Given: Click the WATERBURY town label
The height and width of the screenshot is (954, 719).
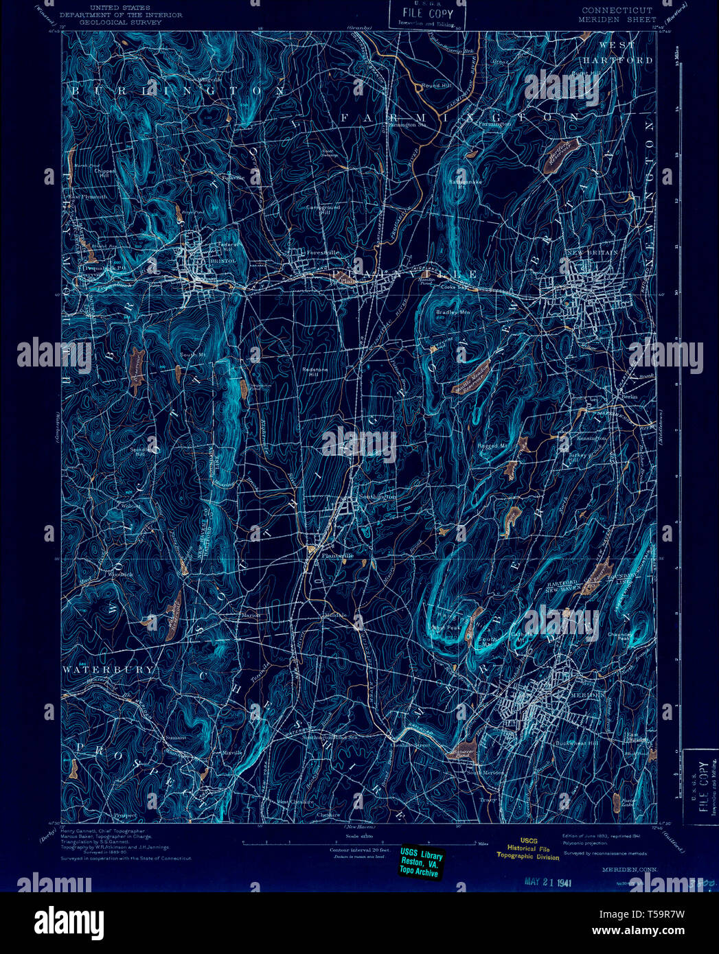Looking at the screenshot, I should pos(109,668).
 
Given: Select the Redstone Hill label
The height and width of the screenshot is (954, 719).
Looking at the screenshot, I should pos(315,371).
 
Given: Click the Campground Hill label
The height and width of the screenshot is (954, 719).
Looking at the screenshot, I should pos(323,209).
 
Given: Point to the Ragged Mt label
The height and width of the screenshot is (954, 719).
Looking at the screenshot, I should pos(492,445).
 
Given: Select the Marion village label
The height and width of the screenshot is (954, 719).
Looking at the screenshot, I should pos(250,615).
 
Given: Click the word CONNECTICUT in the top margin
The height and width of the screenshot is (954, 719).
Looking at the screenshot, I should pos(617,10).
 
